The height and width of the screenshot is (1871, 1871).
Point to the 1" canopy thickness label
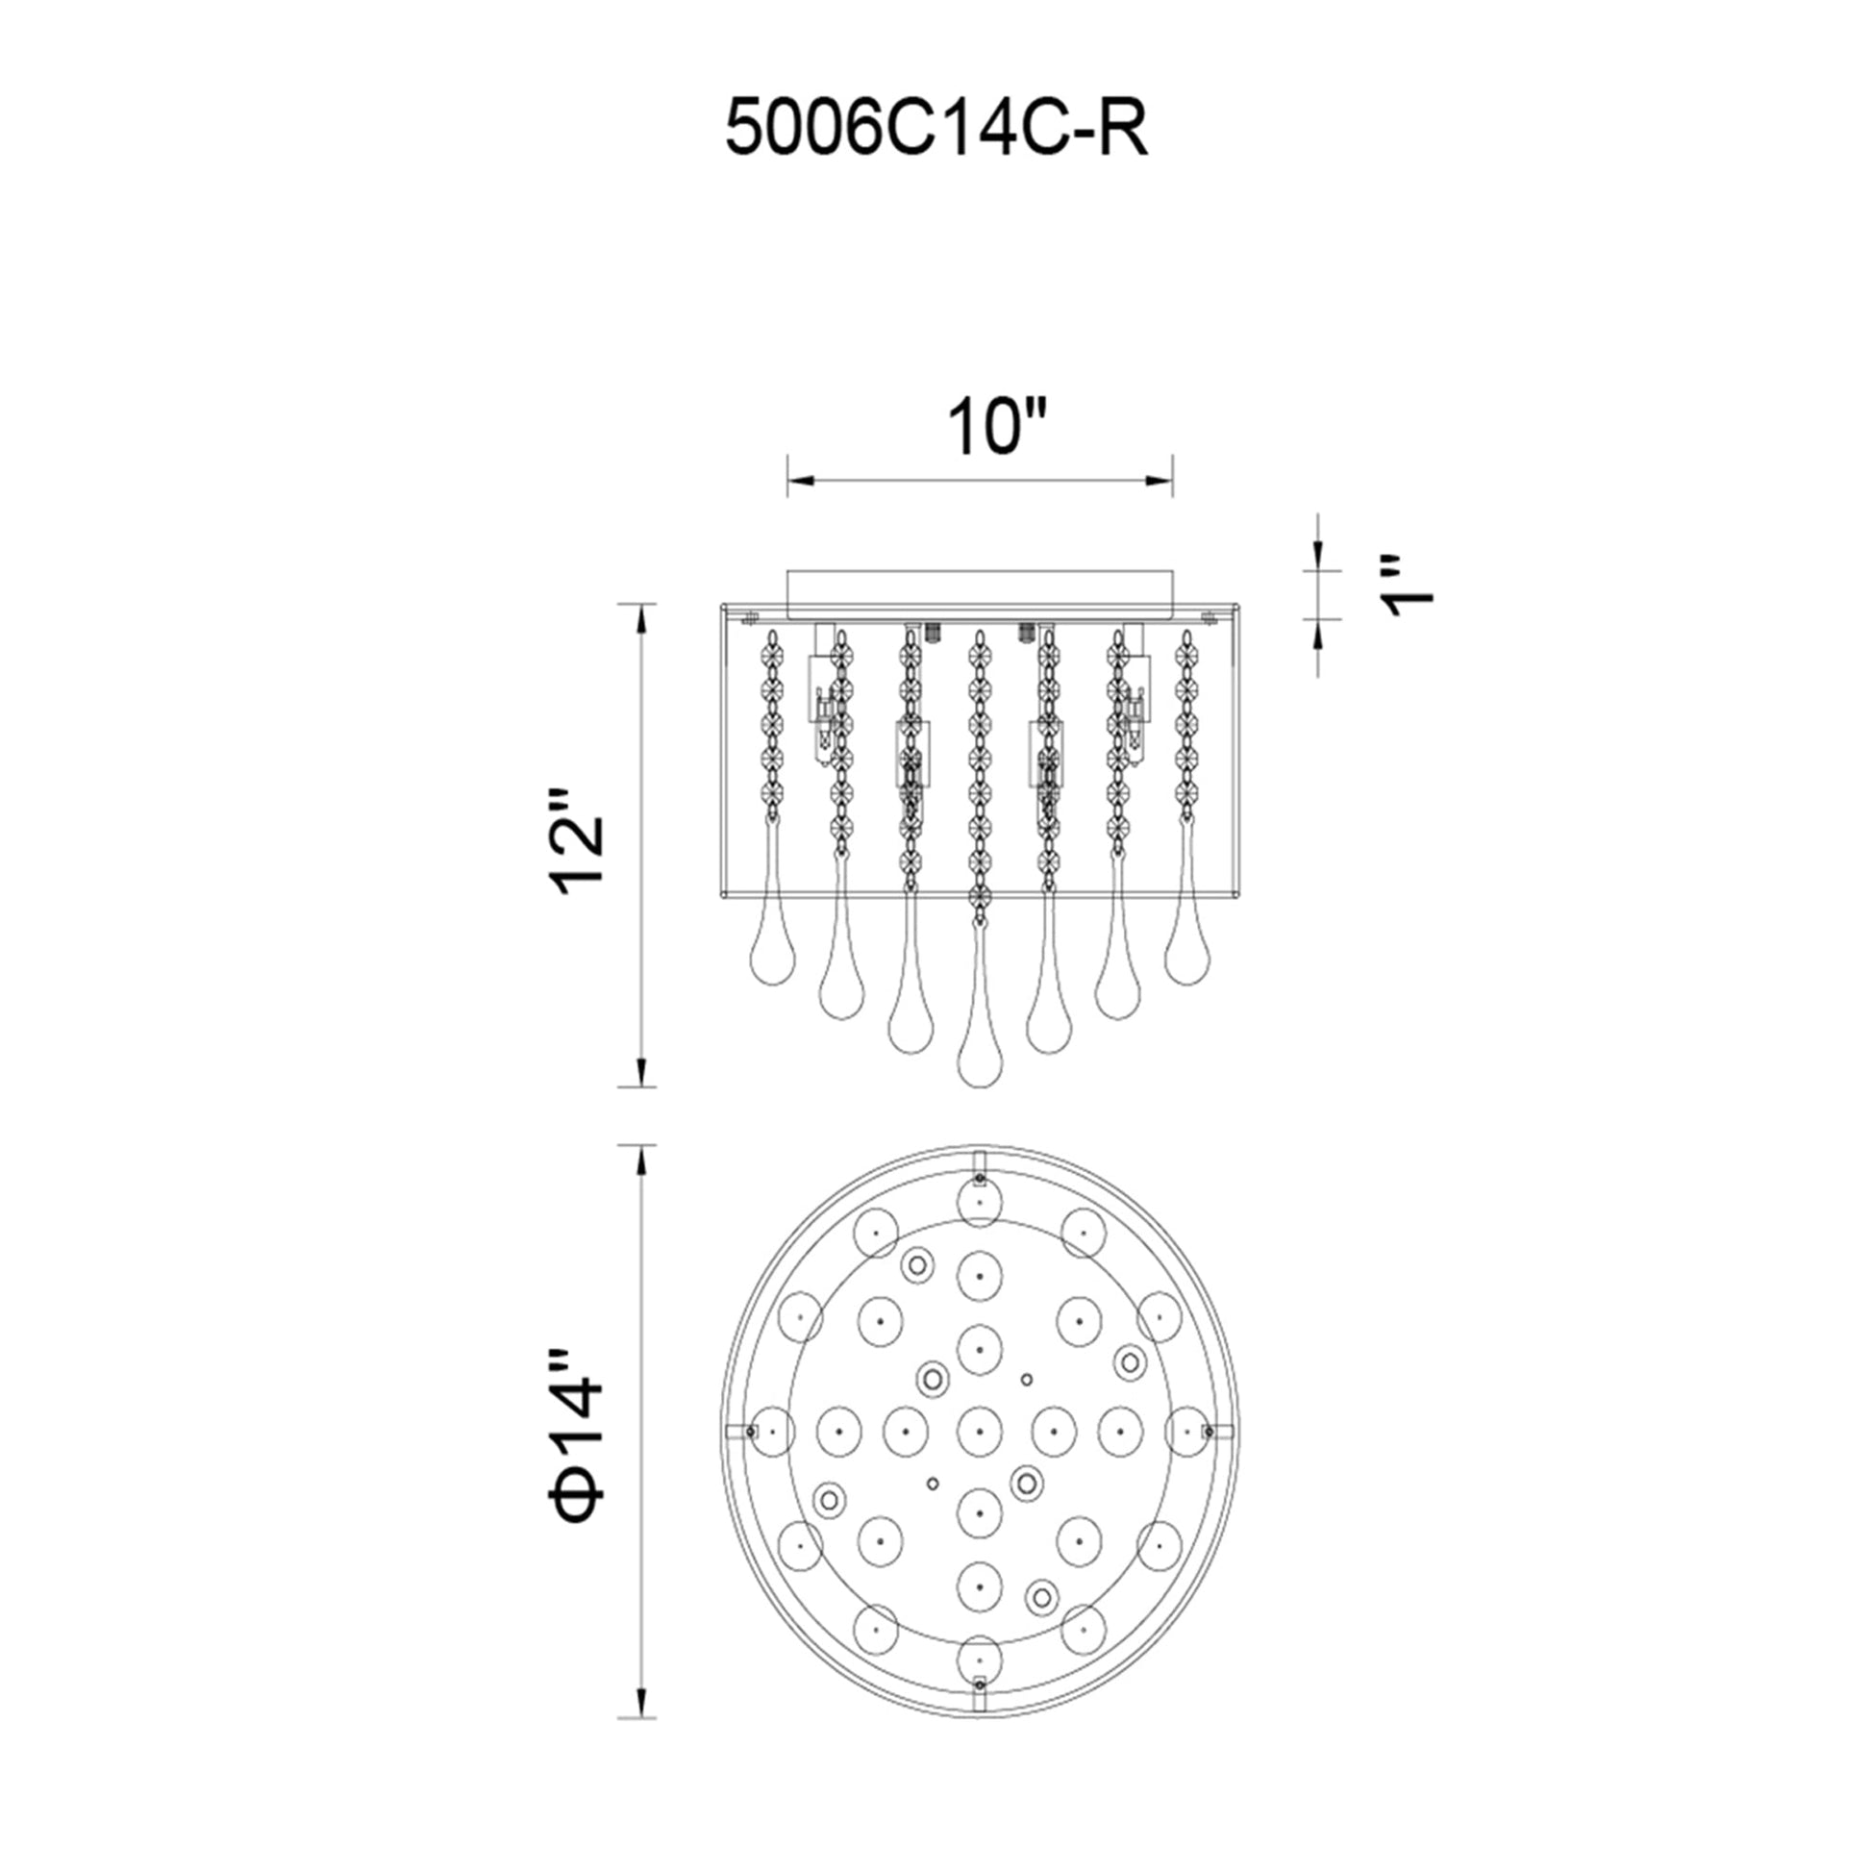click(1406, 586)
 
